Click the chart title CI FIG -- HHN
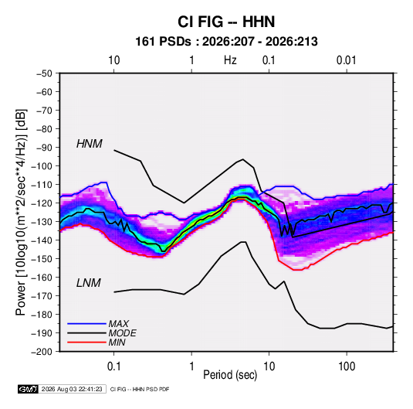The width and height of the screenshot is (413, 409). tap(226, 22)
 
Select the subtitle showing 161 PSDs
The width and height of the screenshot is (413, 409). tap(226, 42)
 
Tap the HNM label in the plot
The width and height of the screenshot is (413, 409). tap(90, 144)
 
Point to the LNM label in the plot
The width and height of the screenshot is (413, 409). tap(89, 283)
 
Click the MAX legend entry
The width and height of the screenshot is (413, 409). tap(119, 324)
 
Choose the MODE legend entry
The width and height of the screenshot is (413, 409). tap(123, 333)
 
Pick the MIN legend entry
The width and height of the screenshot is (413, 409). tap(117, 343)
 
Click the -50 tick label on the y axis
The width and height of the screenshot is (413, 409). tap(44, 73)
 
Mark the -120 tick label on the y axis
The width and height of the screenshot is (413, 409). tap(42, 203)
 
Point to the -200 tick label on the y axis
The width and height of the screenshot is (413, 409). tap(42, 352)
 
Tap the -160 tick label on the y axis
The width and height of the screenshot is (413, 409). tap(42, 278)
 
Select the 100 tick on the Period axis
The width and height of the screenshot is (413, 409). tap(347, 366)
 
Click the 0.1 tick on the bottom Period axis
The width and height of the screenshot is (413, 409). tap(113, 366)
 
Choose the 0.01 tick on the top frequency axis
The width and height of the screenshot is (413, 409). tap(347, 60)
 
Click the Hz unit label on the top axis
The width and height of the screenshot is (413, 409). tap(230, 60)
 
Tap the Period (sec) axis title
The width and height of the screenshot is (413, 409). tap(230, 375)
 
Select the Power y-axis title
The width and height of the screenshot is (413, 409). tap(22, 212)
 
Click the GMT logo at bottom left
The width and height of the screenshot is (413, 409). tap(29, 389)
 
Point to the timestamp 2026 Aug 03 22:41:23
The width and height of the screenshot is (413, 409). tap(72, 389)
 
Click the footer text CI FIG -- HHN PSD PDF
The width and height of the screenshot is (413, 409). tap(140, 390)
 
